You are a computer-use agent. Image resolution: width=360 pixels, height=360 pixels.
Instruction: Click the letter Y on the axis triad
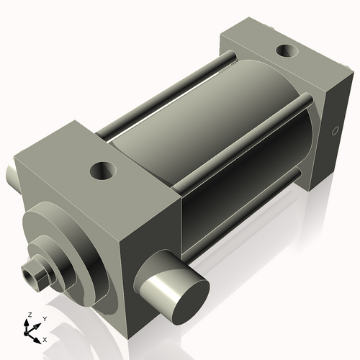coord(44,318)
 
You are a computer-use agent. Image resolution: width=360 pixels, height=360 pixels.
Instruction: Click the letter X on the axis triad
coord(45,338)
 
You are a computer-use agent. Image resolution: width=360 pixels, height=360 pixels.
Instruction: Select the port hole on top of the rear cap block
coord(288,51)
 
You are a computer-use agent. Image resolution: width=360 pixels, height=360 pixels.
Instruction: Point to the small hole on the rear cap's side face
coord(334,131)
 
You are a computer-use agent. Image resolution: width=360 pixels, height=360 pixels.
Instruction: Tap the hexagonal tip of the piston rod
coord(33,273)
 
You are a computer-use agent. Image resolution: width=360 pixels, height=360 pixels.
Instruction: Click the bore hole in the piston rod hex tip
coord(30,274)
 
